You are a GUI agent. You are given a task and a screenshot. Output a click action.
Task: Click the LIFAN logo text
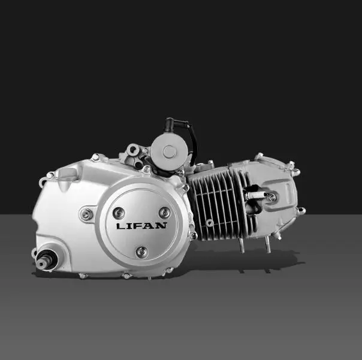coord(141,226)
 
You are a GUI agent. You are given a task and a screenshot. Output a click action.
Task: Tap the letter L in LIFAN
coord(120,226)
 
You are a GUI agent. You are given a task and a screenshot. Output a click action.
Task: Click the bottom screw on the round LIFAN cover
coord(141,251)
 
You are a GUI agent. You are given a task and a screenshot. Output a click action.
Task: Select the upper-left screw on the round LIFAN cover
coord(119,212)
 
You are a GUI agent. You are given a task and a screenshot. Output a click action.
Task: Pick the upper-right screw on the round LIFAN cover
coord(164,212)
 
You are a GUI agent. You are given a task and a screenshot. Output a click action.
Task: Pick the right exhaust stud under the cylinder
coord(268,244)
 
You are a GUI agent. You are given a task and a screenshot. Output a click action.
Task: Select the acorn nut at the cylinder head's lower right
coord(300,210)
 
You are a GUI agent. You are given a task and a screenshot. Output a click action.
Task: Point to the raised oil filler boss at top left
coord(67,173)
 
